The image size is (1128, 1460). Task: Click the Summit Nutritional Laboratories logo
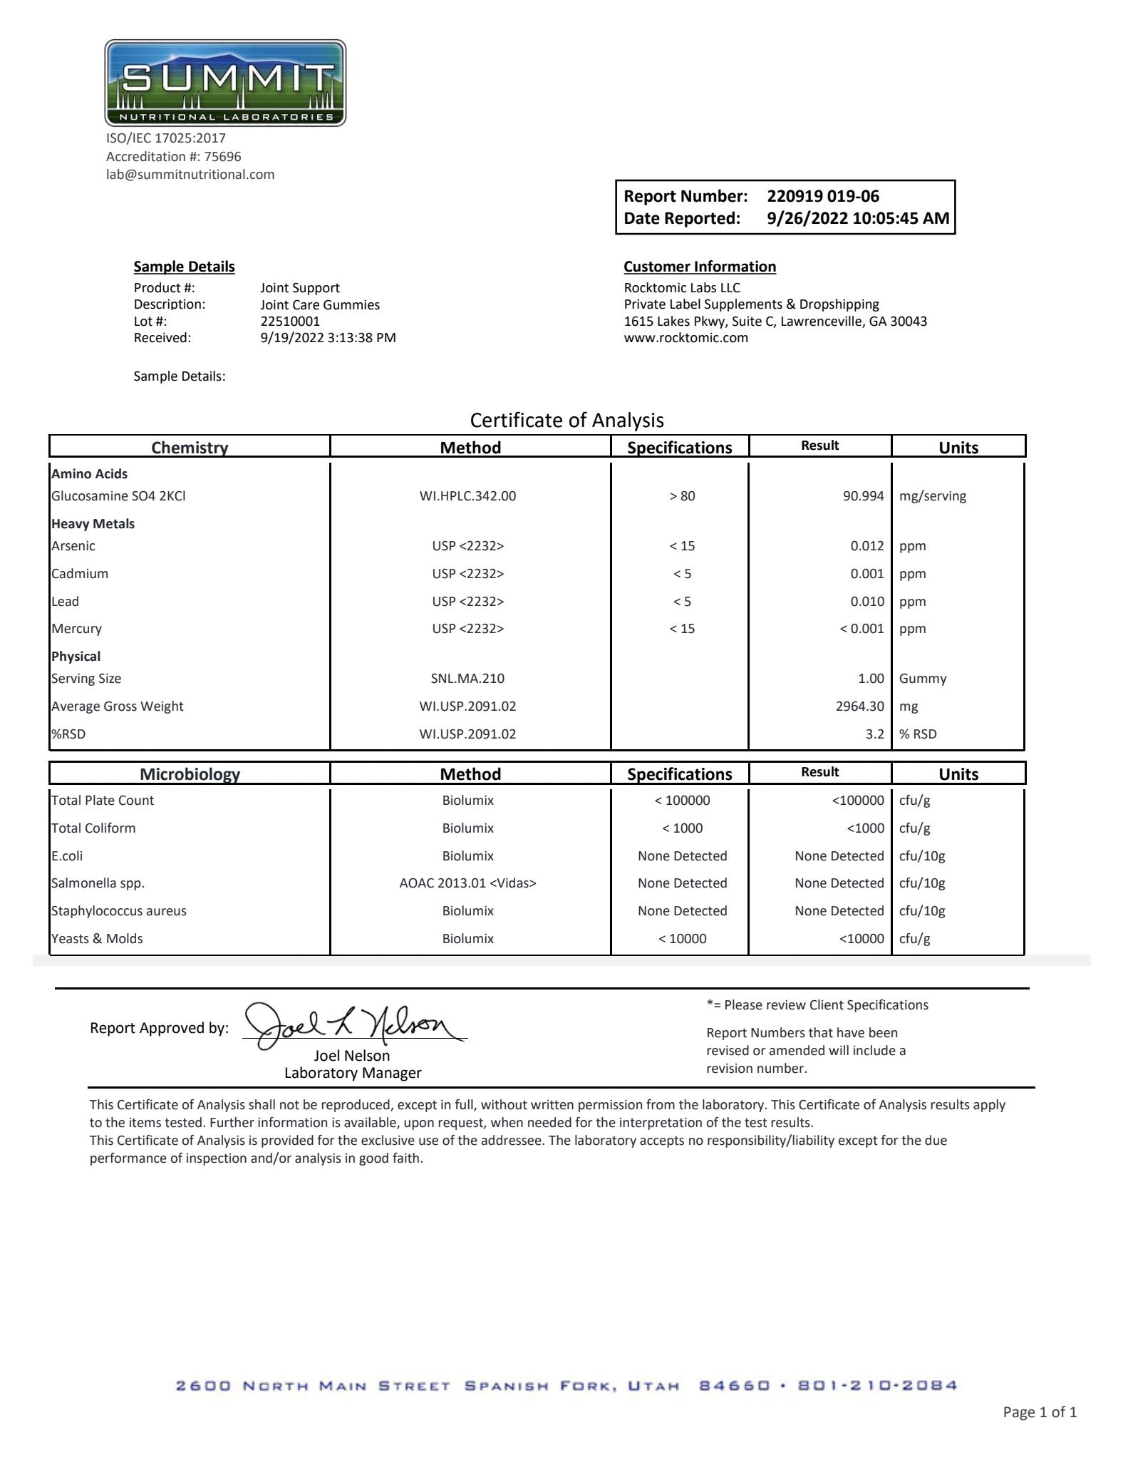tap(225, 83)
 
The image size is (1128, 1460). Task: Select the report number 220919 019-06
tap(822, 196)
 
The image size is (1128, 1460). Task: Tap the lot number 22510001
tap(290, 321)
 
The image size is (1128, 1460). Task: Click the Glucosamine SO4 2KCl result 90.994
tap(863, 496)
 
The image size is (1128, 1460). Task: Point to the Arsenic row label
tap(73, 546)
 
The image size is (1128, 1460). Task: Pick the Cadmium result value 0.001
tap(866, 574)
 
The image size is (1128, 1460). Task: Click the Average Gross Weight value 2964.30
tap(859, 706)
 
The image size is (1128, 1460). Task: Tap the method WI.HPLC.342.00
tap(467, 496)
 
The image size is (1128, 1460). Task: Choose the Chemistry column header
tap(190, 448)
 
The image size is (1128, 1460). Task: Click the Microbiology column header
tap(190, 774)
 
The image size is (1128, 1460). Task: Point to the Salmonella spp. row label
tap(98, 883)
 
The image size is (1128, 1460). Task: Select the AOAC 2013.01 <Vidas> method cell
tap(467, 883)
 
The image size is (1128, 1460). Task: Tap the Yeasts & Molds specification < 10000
tap(682, 939)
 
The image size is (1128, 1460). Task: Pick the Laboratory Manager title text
tap(353, 1073)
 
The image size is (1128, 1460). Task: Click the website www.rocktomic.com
tap(685, 338)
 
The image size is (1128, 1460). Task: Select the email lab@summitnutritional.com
tap(190, 175)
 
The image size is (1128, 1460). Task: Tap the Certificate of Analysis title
tap(566, 421)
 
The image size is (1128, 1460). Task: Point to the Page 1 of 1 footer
tap(1039, 1412)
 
